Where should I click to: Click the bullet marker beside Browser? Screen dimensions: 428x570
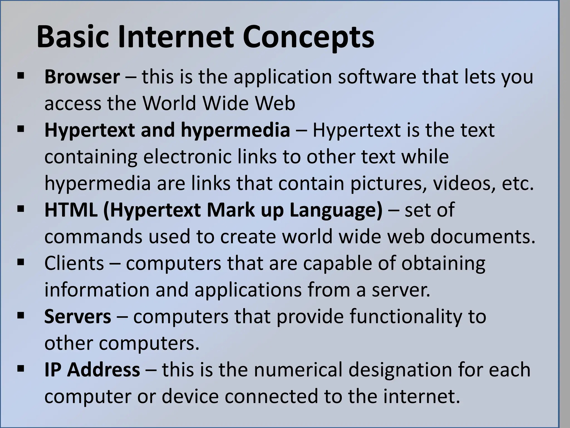[x=20, y=76]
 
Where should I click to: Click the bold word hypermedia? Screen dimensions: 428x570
[x=235, y=130]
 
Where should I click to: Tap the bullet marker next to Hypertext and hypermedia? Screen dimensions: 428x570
[x=20, y=129]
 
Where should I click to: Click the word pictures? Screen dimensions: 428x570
[x=387, y=184]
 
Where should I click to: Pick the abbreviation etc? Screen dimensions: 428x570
[x=518, y=184]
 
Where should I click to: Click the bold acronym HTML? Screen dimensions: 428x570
[x=71, y=210]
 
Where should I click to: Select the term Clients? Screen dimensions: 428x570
[x=74, y=263]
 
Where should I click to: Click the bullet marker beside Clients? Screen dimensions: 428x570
[x=20, y=262]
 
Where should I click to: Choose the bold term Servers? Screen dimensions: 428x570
[x=78, y=317]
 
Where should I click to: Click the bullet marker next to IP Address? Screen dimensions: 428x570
[x=20, y=369]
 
